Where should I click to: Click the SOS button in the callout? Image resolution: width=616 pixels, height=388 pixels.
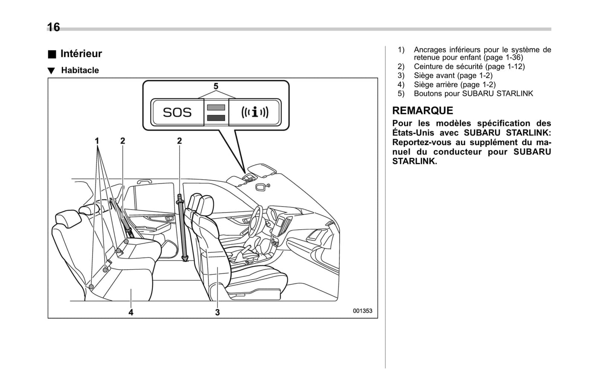pyautogui.click(x=177, y=112)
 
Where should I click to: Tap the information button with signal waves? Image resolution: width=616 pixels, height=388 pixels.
pyautogui.click(x=254, y=112)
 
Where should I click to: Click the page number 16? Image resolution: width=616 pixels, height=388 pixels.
pyautogui.click(x=53, y=27)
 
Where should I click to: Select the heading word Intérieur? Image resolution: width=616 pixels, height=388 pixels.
pyautogui.click(x=81, y=54)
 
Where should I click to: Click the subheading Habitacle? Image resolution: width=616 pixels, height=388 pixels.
pyautogui.click(x=80, y=70)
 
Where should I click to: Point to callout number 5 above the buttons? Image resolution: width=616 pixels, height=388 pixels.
pyautogui.click(x=216, y=86)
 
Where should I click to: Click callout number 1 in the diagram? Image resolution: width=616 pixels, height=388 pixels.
pyautogui.click(x=97, y=141)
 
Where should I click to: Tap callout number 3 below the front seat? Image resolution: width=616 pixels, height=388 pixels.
pyautogui.click(x=217, y=312)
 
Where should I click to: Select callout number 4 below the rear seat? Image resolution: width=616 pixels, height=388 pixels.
pyautogui.click(x=131, y=312)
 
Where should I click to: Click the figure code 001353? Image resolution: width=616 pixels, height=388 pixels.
pyautogui.click(x=362, y=311)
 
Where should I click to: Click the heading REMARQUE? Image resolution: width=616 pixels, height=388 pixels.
pyautogui.click(x=422, y=111)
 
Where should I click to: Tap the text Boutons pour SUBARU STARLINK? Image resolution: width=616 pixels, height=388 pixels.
pyautogui.click(x=473, y=93)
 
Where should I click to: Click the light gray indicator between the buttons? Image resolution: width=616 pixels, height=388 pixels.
pyautogui.click(x=216, y=108)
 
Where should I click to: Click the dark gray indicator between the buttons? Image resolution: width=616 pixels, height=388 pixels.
pyautogui.click(x=216, y=118)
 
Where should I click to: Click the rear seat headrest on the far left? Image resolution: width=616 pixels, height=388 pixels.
pyautogui.click(x=67, y=219)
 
